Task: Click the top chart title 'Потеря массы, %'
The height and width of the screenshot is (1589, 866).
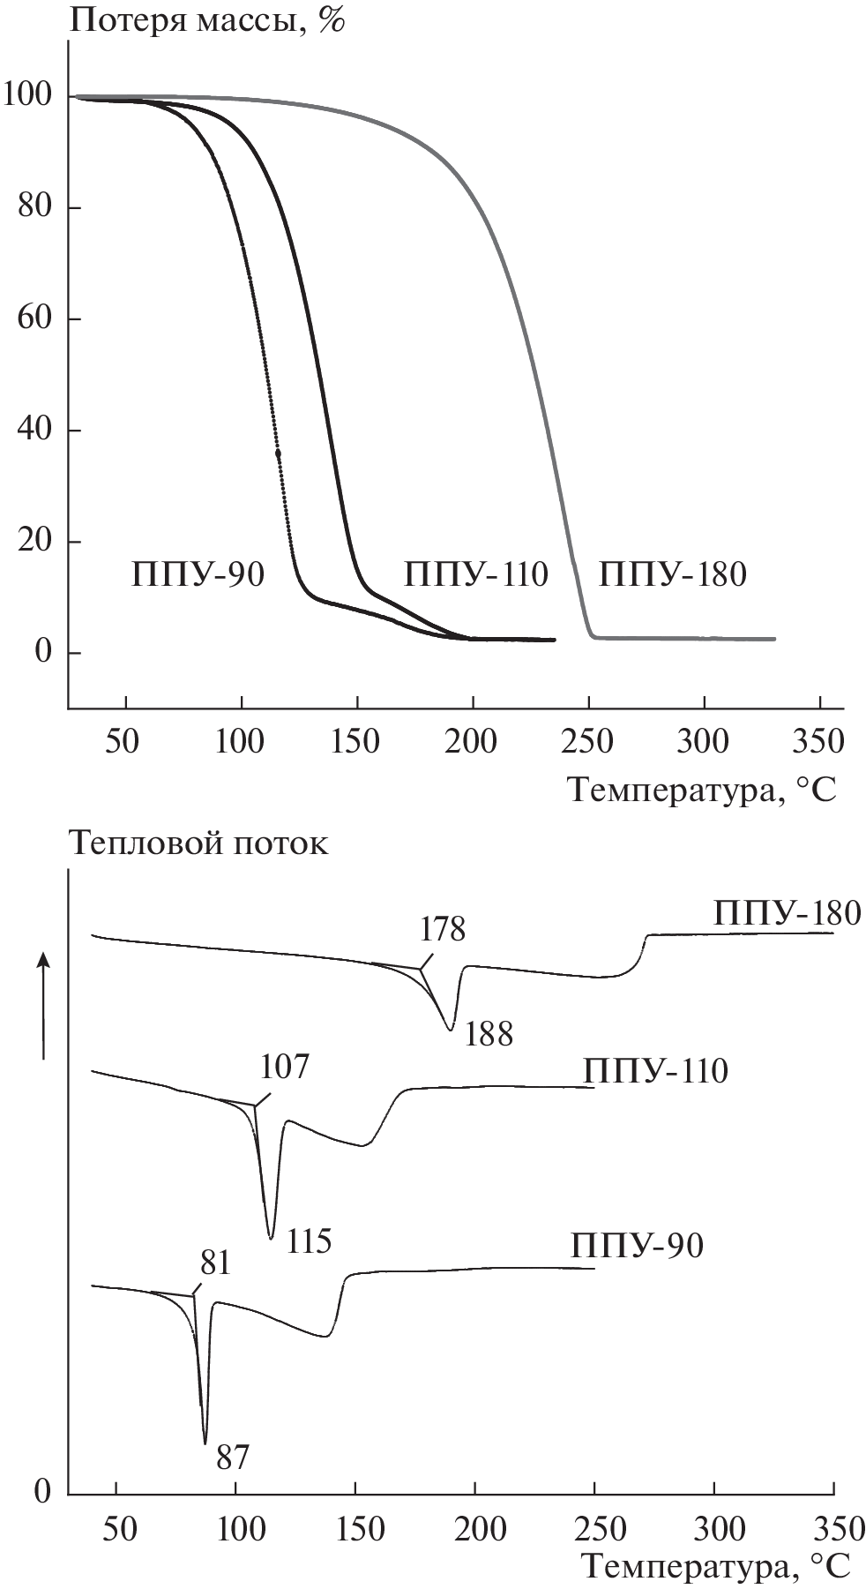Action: click(206, 20)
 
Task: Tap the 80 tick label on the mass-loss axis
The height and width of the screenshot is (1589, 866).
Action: click(34, 206)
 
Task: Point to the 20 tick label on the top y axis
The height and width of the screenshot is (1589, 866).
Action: click(34, 541)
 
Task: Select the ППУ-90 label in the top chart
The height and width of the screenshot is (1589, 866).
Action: click(198, 574)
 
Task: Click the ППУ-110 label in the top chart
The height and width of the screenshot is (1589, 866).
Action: click(476, 574)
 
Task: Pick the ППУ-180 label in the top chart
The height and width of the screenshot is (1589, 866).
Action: click(673, 574)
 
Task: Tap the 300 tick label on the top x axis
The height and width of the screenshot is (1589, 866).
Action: click(704, 741)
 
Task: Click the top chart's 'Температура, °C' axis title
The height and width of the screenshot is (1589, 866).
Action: click(701, 789)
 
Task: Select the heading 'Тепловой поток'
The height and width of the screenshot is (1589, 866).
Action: click(198, 843)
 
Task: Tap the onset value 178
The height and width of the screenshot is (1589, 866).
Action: click(442, 929)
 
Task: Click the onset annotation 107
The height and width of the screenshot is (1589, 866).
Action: click(285, 1067)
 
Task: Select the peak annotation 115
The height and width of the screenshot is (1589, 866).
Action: click(308, 1241)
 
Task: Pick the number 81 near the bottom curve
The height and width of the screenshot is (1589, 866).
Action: click(215, 1263)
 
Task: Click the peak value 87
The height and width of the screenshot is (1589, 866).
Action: click(233, 1458)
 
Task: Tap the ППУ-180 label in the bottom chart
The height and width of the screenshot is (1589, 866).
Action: click(787, 913)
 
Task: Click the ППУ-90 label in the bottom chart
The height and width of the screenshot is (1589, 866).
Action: click(637, 1246)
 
